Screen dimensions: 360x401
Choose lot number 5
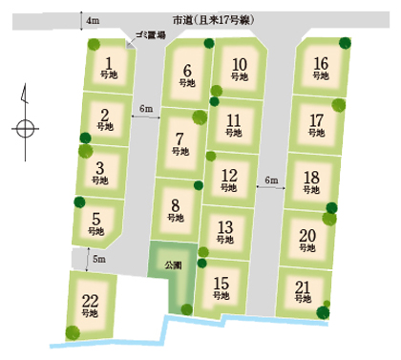point(95,222)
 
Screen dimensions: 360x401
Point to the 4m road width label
point(92,20)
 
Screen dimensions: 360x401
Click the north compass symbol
point(24,116)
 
